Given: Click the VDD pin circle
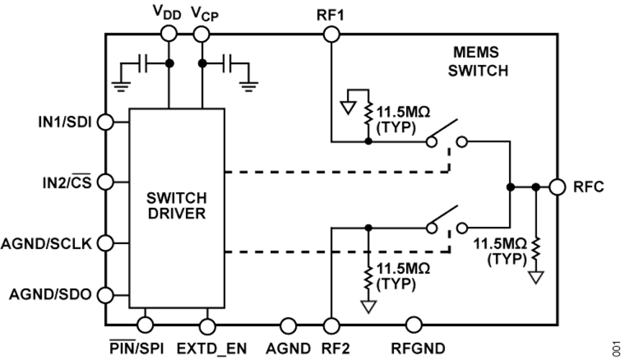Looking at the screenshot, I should click(169, 33).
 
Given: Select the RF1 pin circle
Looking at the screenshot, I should click(331, 33).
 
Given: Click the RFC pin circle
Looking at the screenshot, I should click(556, 186).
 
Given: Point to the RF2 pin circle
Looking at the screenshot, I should click(331, 325).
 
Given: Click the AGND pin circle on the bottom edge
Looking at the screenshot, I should click(288, 325).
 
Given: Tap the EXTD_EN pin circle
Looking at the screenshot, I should click(207, 325).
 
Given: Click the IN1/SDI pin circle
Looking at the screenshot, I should click(106, 122).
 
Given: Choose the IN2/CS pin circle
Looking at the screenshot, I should click(106, 180).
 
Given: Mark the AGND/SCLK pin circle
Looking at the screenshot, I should click(106, 243).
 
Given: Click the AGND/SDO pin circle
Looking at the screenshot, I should click(106, 294).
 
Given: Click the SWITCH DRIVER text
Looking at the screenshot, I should click(175, 205).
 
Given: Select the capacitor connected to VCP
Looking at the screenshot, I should click(228, 64).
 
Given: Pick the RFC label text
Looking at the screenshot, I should click(588, 187).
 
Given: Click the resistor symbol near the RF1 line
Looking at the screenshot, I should click(368, 117).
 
